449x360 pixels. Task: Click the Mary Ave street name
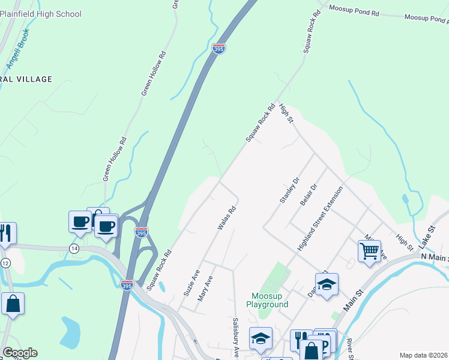[x=205, y=289]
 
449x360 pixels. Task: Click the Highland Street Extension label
[x=320, y=218]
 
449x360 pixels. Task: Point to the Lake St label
[x=426, y=235]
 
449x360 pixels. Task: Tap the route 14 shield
[x=74, y=248]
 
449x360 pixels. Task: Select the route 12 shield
[x=5, y=263]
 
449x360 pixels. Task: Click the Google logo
[x=20, y=353]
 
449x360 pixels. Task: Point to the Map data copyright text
[x=424, y=355]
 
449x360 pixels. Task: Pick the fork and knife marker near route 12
[x=5, y=232]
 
